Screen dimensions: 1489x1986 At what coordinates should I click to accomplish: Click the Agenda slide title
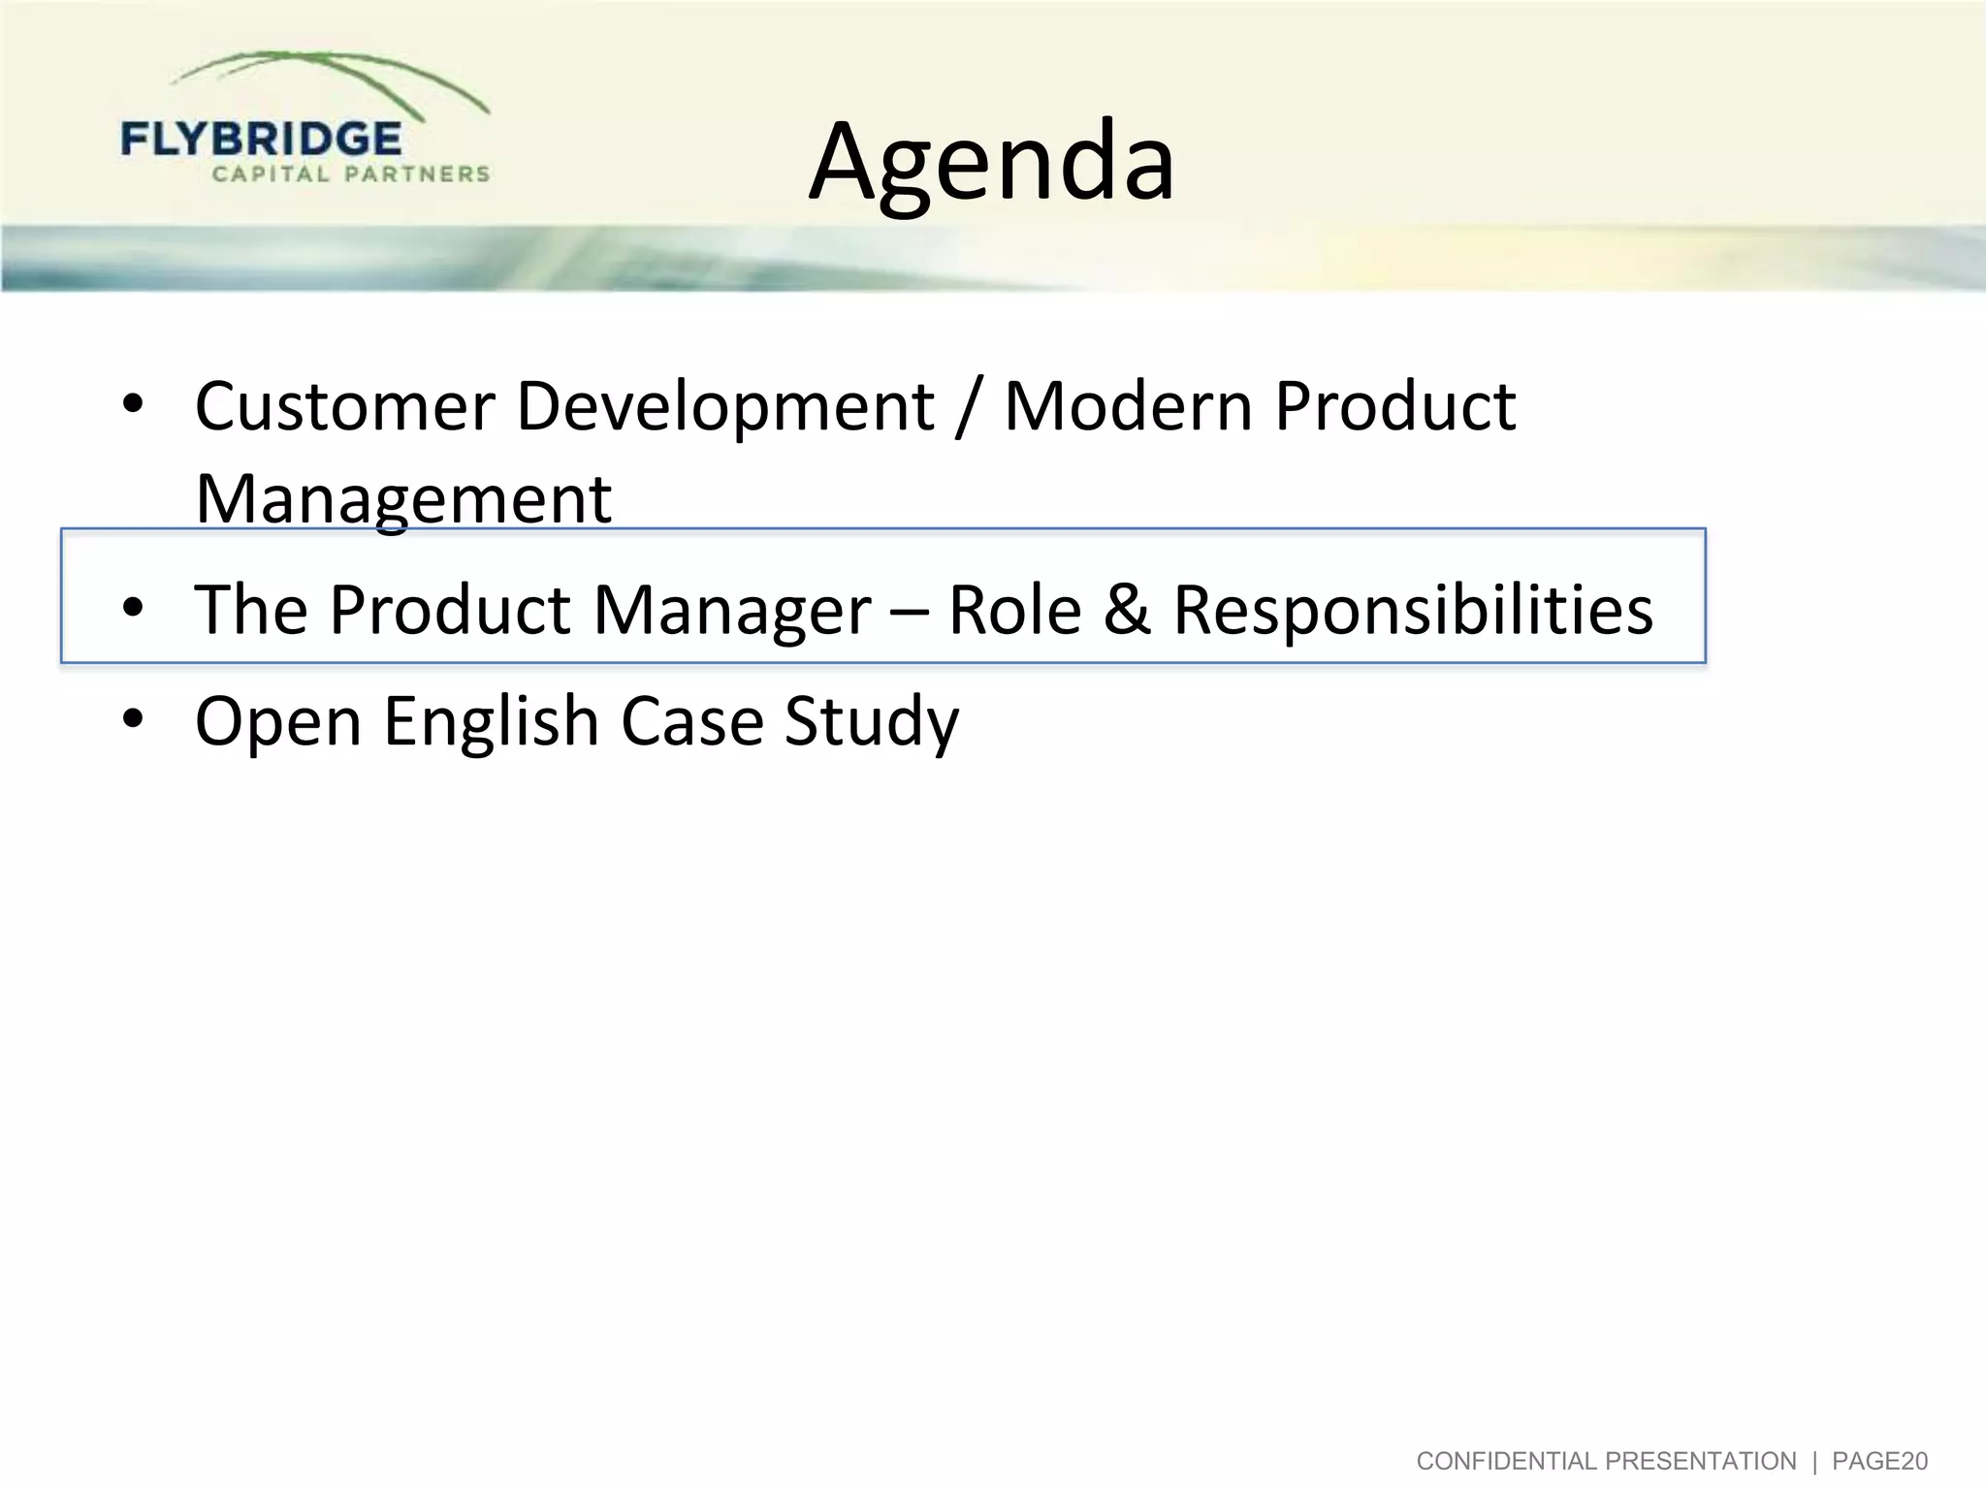tap(991, 162)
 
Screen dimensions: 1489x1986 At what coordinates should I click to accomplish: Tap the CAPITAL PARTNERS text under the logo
tap(351, 174)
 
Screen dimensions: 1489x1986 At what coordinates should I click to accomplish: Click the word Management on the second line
tap(403, 498)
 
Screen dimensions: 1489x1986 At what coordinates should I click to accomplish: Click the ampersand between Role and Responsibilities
tap(1127, 611)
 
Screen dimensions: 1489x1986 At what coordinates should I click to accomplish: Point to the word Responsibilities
tap(1413, 611)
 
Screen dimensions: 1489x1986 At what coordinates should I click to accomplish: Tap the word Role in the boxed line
tap(1014, 611)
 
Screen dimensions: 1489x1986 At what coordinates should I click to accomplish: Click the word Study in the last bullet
tap(871, 721)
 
